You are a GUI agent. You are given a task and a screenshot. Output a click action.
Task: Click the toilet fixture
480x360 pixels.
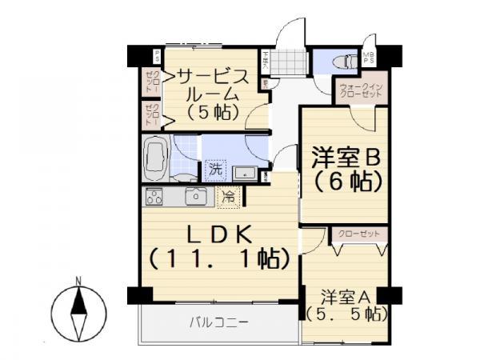pyautogui.click(x=344, y=60)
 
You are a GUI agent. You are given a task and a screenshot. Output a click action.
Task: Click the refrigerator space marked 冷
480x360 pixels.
pyautogui.click(x=230, y=194)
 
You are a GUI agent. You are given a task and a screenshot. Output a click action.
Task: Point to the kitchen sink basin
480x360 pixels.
pyautogui.click(x=196, y=195)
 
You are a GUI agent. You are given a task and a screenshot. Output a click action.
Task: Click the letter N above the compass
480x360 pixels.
pyautogui.click(x=78, y=280)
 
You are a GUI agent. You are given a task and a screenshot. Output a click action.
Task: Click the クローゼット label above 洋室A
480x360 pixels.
pyautogui.click(x=358, y=234)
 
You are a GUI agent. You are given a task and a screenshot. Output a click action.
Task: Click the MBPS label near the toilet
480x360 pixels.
pyautogui.click(x=369, y=59)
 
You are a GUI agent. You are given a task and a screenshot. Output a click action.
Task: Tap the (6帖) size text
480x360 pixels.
pyautogui.click(x=345, y=182)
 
